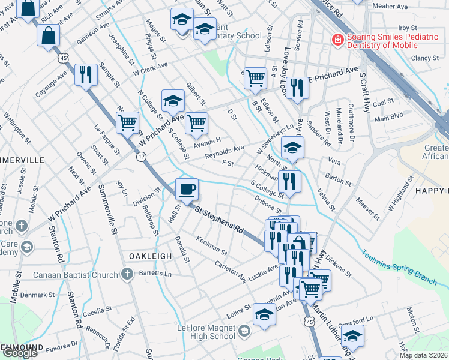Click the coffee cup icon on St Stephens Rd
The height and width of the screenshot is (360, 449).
(187, 189)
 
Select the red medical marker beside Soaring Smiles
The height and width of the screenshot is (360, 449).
(338, 40)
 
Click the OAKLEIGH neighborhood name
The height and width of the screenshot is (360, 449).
(150, 256)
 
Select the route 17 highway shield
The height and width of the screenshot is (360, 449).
(141, 157)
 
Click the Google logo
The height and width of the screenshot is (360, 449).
(20, 352)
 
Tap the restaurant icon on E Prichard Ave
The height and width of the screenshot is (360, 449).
(297, 88)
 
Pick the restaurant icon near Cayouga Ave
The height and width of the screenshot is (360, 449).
(86, 74)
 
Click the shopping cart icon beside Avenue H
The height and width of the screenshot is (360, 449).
(196, 124)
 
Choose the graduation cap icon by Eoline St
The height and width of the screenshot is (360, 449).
(264, 314)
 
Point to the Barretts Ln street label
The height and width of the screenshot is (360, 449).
(155, 274)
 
